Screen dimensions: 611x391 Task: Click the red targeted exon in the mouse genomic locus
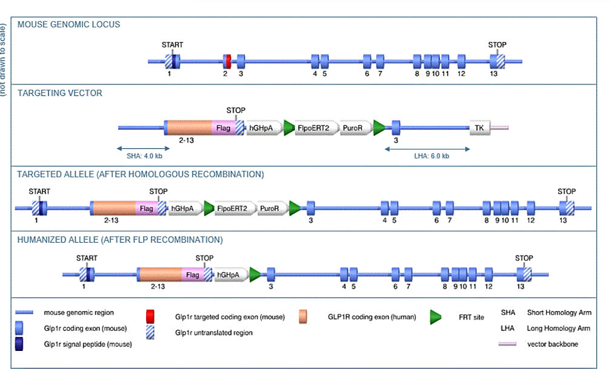tap(229, 61)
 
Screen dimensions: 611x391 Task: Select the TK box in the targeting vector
tap(479, 127)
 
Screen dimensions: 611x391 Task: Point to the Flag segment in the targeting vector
tap(224, 127)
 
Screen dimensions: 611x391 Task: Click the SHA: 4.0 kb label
tap(144, 156)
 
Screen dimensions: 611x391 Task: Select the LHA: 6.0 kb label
tap(432, 156)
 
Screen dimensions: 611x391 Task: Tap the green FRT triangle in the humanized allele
tap(255, 274)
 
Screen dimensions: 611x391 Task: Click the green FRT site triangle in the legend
tap(436, 318)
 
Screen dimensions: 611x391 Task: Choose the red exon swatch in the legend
tap(150, 316)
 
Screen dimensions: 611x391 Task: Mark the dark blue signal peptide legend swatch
tap(19, 344)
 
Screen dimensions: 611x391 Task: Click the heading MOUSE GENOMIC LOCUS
tap(68, 24)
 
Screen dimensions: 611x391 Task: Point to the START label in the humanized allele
tap(87, 258)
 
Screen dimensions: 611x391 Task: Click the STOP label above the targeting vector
tap(236, 110)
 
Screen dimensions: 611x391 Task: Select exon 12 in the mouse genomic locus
tap(461, 61)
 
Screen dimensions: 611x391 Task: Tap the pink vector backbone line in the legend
tap(507, 344)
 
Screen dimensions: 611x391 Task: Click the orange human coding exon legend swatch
tap(303, 316)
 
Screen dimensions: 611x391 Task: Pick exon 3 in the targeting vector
tap(396, 127)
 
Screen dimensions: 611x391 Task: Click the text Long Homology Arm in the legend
tap(558, 328)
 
